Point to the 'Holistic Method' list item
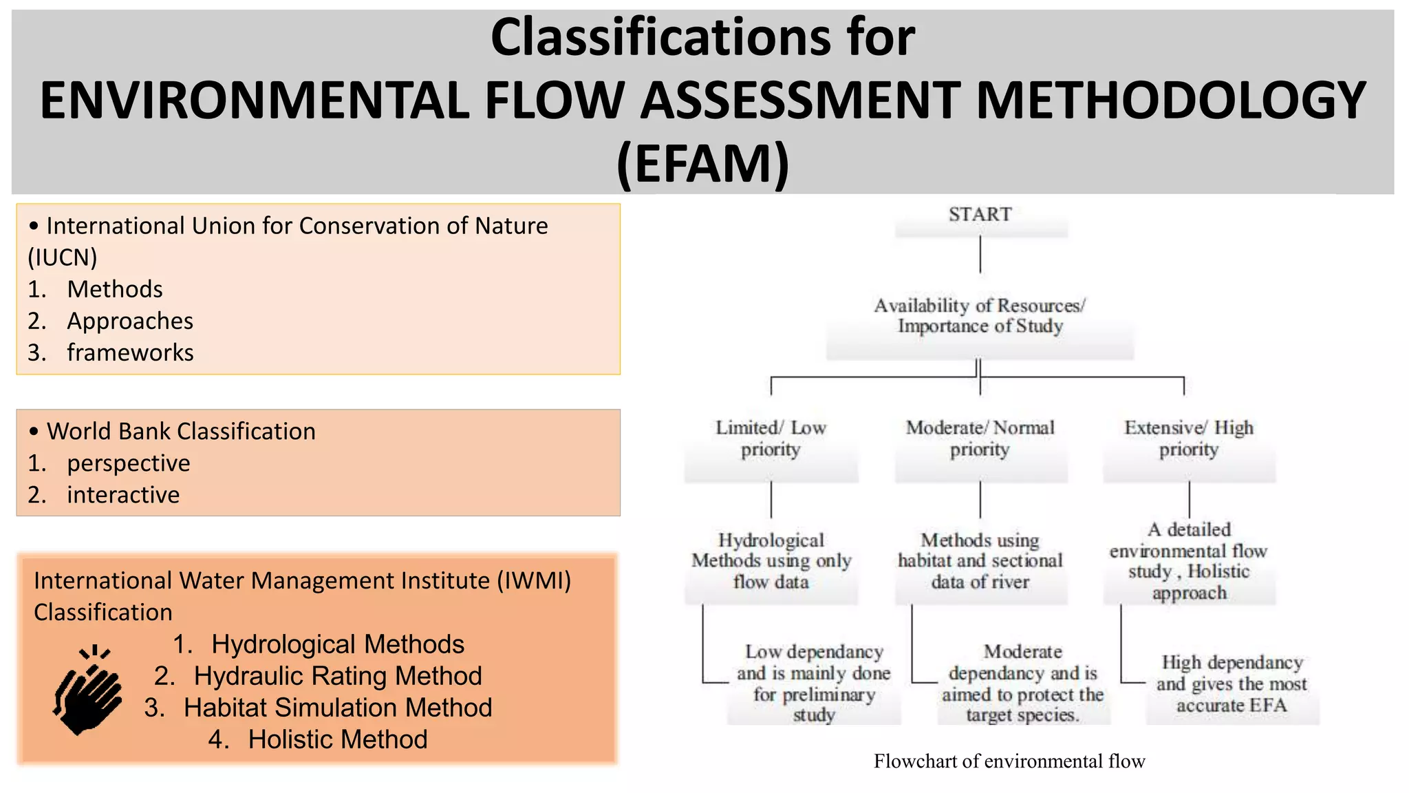pos(337,739)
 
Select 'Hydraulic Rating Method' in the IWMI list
pos(337,676)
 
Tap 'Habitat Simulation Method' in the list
pos(337,708)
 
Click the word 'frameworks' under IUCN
pos(130,352)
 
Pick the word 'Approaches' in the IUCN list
pos(130,321)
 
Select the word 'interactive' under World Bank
pos(123,495)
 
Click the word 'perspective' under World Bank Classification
pos(129,463)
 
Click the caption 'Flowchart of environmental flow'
pos(1009,761)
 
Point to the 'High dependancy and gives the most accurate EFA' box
pos(1231,684)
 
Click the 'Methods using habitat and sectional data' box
pos(980,561)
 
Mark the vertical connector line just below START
pos(980,255)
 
